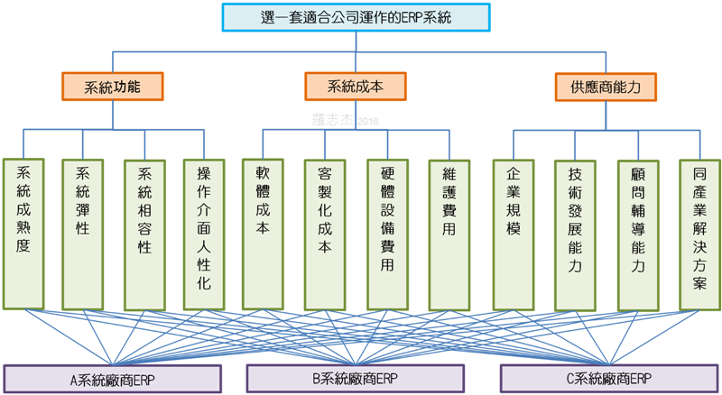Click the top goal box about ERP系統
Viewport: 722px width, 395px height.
[361, 17]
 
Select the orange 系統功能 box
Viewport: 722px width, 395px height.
[112, 87]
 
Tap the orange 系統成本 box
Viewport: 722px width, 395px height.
[355, 87]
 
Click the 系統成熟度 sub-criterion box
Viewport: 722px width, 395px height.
[23, 232]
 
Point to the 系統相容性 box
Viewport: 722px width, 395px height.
[144, 232]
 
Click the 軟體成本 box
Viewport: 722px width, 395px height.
[264, 232]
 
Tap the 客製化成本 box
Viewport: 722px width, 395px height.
[325, 232]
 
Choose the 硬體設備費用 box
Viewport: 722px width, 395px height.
[387, 232]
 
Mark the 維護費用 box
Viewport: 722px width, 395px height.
[449, 232]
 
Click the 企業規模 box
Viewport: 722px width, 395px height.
[514, 232]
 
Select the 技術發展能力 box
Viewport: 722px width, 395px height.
[575, 232]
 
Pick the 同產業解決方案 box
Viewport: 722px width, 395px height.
[699, 232]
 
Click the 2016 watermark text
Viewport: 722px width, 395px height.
[368, 120]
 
